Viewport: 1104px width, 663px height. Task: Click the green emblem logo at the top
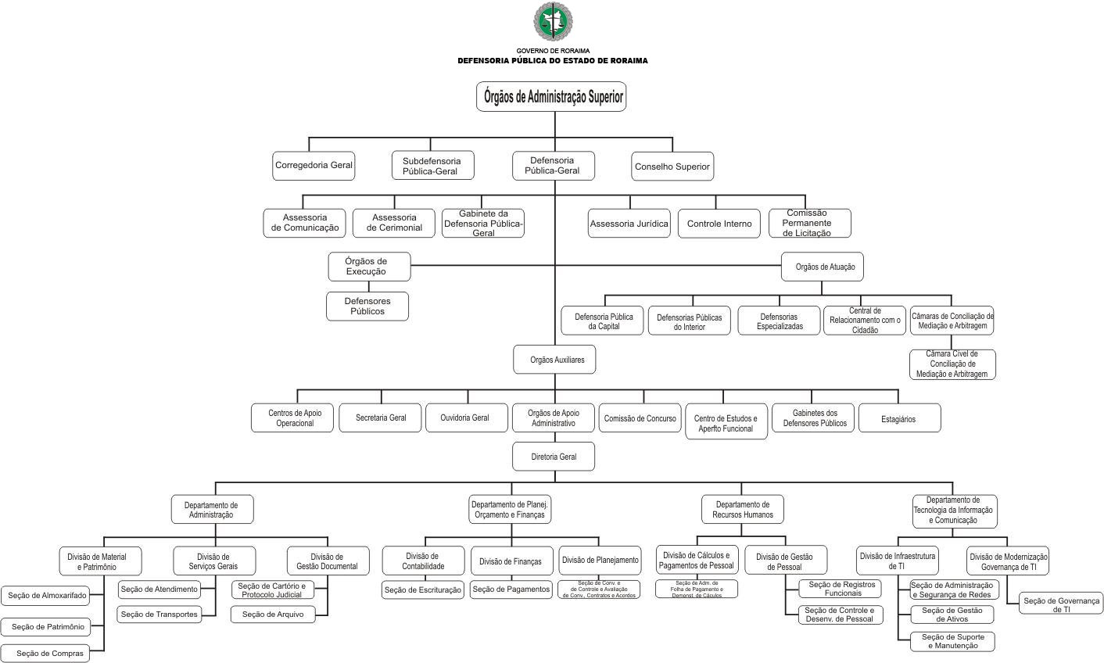pyautogui.click(x=552, y=22)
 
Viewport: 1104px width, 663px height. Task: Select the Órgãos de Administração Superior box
pyautogui.click(x=551, y=97)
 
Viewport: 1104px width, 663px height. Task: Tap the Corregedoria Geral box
pyautogui.click(x=314, y=166)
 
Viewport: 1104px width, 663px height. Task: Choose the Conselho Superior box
pyautogui.click(x=672, y=167)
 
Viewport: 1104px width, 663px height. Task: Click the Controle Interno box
pyautogui.click(x=719, y=224)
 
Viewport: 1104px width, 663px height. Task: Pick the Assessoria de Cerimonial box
pyautogui.click(x=394, y=223)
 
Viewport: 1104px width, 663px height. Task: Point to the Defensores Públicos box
pyautogui.click(x=367, y=306)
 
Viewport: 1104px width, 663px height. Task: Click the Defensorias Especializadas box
pyautogui.click(x=780, y=321)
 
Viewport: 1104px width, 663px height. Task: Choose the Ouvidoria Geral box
pyautogui.click(x=464, y=418)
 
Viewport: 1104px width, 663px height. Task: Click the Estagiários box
pyautogui.click(x=899, y=418)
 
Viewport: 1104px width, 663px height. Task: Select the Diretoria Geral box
pyautogui.click(x=554, y=457)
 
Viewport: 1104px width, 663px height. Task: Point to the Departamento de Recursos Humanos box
pyautogui.click(x=743, y=510)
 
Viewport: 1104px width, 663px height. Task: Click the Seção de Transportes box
pyautogui.click(x=159, y=615)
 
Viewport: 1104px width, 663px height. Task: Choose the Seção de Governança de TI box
pyautogui.click(x=1061, y=604)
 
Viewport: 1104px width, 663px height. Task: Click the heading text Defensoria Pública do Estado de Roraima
pyautogui.click(x=552, y=61)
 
